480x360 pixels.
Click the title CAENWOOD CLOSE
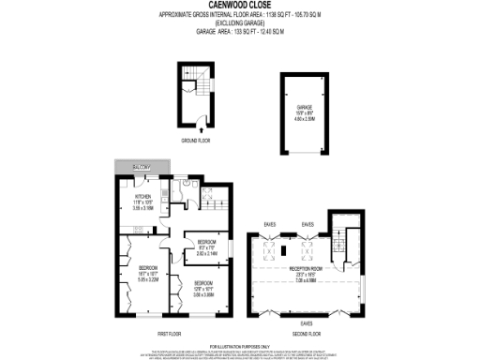click(239, 5)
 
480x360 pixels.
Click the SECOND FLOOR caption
click(304, 332)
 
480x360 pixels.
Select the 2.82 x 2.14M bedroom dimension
click(205, 253)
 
